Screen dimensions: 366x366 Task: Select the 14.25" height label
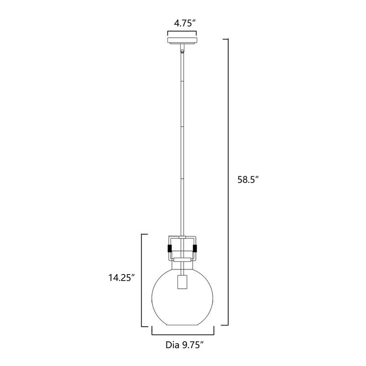[x=120, y=277]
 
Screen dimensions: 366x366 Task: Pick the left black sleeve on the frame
[x=169, y=248]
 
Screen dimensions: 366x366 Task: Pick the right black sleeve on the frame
[x=196, y=248]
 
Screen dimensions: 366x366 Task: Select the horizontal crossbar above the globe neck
[x=182, y=259]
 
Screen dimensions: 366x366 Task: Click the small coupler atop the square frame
[x=182, y=237]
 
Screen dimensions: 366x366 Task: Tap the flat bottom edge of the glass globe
[x=182, y=325]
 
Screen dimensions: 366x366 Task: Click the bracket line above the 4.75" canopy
[x=182, y=32]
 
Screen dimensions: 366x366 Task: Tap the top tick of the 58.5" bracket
[x=225, y=40]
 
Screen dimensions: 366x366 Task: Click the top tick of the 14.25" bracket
[x=145, y=234]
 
